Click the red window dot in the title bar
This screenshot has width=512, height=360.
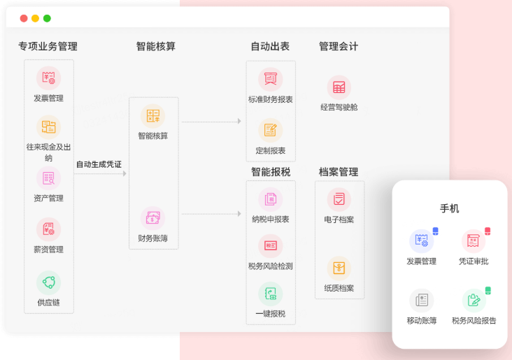pos(24,18)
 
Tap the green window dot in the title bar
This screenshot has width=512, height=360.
pos(47,18)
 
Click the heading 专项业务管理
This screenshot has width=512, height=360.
pos(48,47)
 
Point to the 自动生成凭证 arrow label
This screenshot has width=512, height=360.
pos(99,164)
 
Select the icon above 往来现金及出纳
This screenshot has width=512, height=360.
pos(48,127)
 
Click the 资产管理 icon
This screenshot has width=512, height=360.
pos(48,178)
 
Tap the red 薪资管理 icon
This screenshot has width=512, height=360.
pos(48,229)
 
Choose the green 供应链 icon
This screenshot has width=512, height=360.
pos(48,282)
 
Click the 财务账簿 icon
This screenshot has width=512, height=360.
pos(152,218)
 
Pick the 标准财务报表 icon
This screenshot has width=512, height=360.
pos(270,79)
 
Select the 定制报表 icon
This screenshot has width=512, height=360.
pos(270,130)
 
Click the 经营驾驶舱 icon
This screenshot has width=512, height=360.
pos(339,87)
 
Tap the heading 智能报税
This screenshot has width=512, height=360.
pos(271,172)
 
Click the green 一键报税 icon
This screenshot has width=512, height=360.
pos(270,294)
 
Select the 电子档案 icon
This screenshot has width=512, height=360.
pos(339,199)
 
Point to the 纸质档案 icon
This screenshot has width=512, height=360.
pos(339,268)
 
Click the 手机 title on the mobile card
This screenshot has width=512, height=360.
pos(449,209)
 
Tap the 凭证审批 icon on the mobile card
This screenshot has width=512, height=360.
pos(473,241)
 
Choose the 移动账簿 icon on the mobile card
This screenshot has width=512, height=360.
pos(422,301)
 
